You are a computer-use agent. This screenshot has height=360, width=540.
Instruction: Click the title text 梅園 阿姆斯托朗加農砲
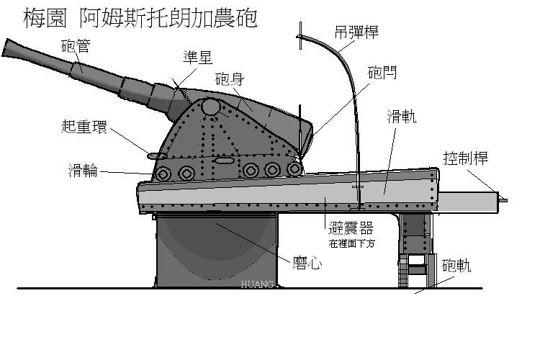pos(140,18)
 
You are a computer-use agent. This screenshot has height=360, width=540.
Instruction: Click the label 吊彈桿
pos(356,32)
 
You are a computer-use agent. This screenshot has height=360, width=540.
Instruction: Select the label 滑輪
pos(84,171)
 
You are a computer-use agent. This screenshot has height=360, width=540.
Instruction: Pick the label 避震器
pos(350,228)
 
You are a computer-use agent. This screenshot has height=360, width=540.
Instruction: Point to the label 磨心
pos(305,263)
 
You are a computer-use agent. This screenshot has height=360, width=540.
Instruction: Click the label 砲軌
pos(456,266)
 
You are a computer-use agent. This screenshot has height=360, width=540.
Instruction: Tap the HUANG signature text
pos(258,285)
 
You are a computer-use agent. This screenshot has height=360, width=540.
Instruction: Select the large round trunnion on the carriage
pos(210,107)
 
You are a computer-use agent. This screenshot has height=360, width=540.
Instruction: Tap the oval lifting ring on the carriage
pos(157,155)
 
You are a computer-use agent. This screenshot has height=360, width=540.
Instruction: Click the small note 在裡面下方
pos(351,244)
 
